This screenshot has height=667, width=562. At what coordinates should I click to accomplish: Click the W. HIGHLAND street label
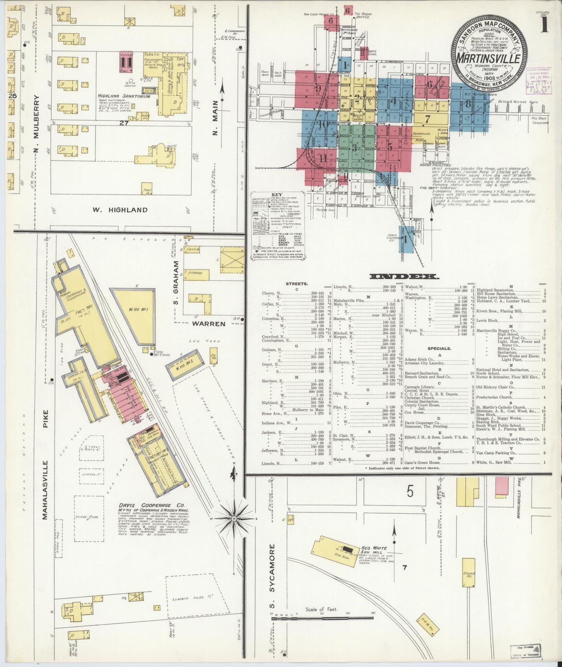coord(120,210)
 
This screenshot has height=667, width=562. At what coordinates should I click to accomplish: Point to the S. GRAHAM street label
coord(176,288)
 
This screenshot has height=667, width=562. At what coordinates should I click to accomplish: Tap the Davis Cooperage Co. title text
coord(152,505)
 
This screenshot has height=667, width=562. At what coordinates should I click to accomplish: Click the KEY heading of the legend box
coord(277,195)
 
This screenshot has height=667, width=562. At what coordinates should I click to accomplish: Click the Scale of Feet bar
coord(322,617)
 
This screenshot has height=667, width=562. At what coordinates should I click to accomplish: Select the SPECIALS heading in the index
coord(439,349)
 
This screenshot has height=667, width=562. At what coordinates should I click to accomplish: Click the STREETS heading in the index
coord(297,284)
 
